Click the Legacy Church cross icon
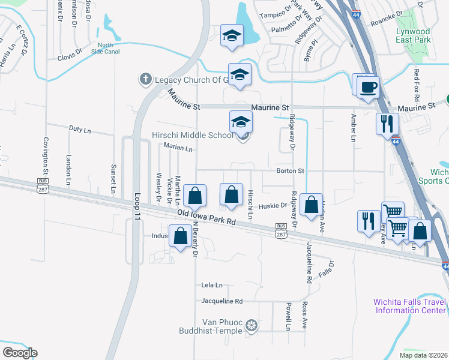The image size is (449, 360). point(145,79)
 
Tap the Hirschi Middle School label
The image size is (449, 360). point(195,135)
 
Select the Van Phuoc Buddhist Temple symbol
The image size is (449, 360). point(252,326)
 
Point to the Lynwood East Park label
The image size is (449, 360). point(413,35)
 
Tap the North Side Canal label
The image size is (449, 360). point(106,49)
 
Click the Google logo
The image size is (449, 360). point(20,353)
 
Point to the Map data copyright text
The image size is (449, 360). point(423,355)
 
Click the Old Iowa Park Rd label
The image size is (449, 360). point(206,217)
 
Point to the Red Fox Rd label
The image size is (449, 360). point(416,83)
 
